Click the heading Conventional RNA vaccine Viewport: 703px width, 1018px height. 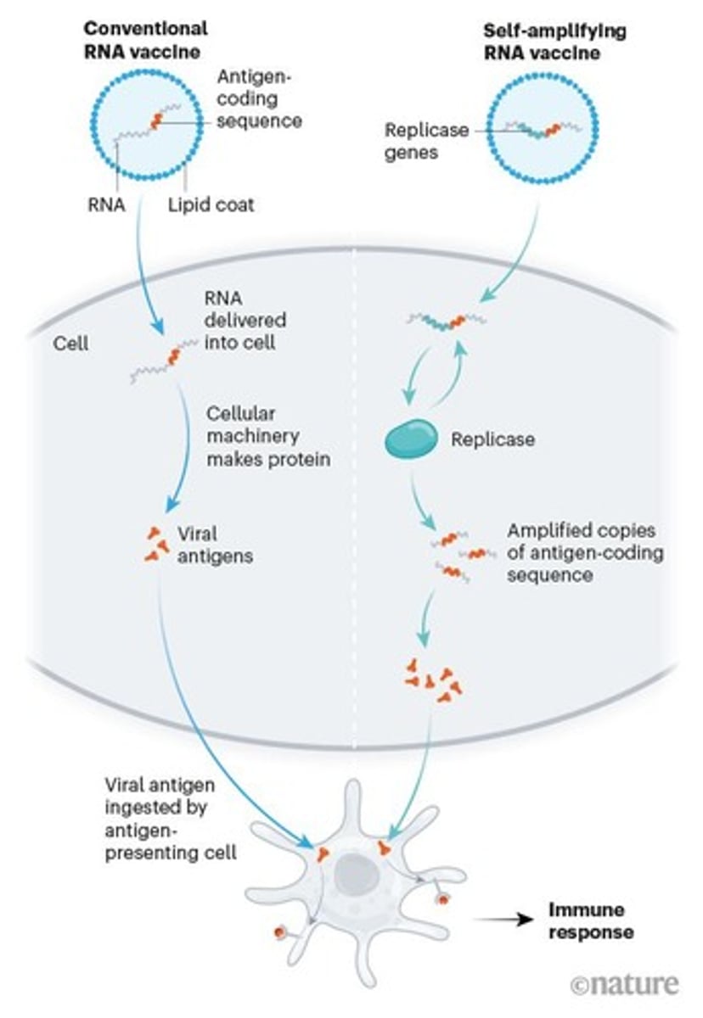[x=145, y=40]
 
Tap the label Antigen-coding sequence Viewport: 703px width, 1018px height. [x=258, y=100]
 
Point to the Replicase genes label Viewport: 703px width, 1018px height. [x=422, y=141]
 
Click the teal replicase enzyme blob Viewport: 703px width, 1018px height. [x=413, y=442]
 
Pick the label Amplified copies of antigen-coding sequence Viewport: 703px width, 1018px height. [x=585, y=552]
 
